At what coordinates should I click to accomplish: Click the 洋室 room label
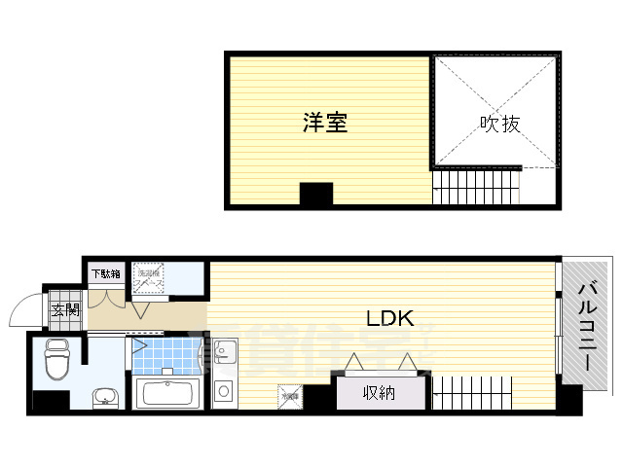[x=324, y=123]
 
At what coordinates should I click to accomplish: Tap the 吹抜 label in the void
[x=500, y=124]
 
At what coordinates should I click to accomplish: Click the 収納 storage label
[x=380, y=393]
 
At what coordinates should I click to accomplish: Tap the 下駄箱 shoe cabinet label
[x=106, y=274]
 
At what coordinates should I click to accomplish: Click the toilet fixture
[x=55, y=360]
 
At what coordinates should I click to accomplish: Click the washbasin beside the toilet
[x=104, y=396]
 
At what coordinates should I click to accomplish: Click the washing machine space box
[x=148, y=276]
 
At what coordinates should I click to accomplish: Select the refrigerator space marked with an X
[x=289, y=396]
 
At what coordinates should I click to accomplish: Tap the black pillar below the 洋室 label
[x=315, y=194]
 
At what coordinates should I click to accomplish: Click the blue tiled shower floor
[x=164, y=356]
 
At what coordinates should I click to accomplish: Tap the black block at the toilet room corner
[x=45, y=400]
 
